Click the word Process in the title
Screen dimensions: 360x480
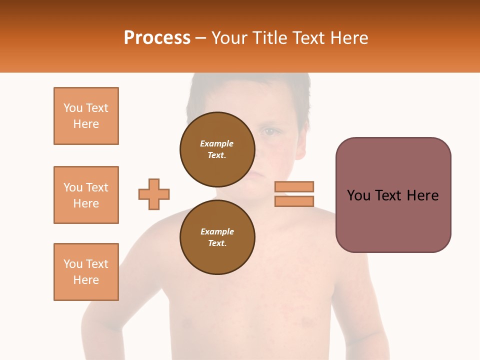click(x=157, y=38)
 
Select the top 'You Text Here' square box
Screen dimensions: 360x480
click(x=86, y=116)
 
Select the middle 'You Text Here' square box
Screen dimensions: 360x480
click(x=86, y=195)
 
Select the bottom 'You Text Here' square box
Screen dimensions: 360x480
click(x=86, y=272)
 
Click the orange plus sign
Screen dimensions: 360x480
click(x=154, y=194)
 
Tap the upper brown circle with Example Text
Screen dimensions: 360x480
click(x=217, y=149)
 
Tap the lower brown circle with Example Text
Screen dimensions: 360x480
click(x=217, y=237)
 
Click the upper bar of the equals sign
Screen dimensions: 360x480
click(x=294, y=186)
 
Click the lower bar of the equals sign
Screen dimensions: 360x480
click(x=294, y=201)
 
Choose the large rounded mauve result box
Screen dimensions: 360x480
click(x=393, y=195)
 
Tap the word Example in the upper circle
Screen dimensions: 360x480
click(x=217, y=143)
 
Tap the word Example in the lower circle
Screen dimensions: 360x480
click(x=217, y=231)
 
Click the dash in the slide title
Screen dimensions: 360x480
click(x=200, y=38)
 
